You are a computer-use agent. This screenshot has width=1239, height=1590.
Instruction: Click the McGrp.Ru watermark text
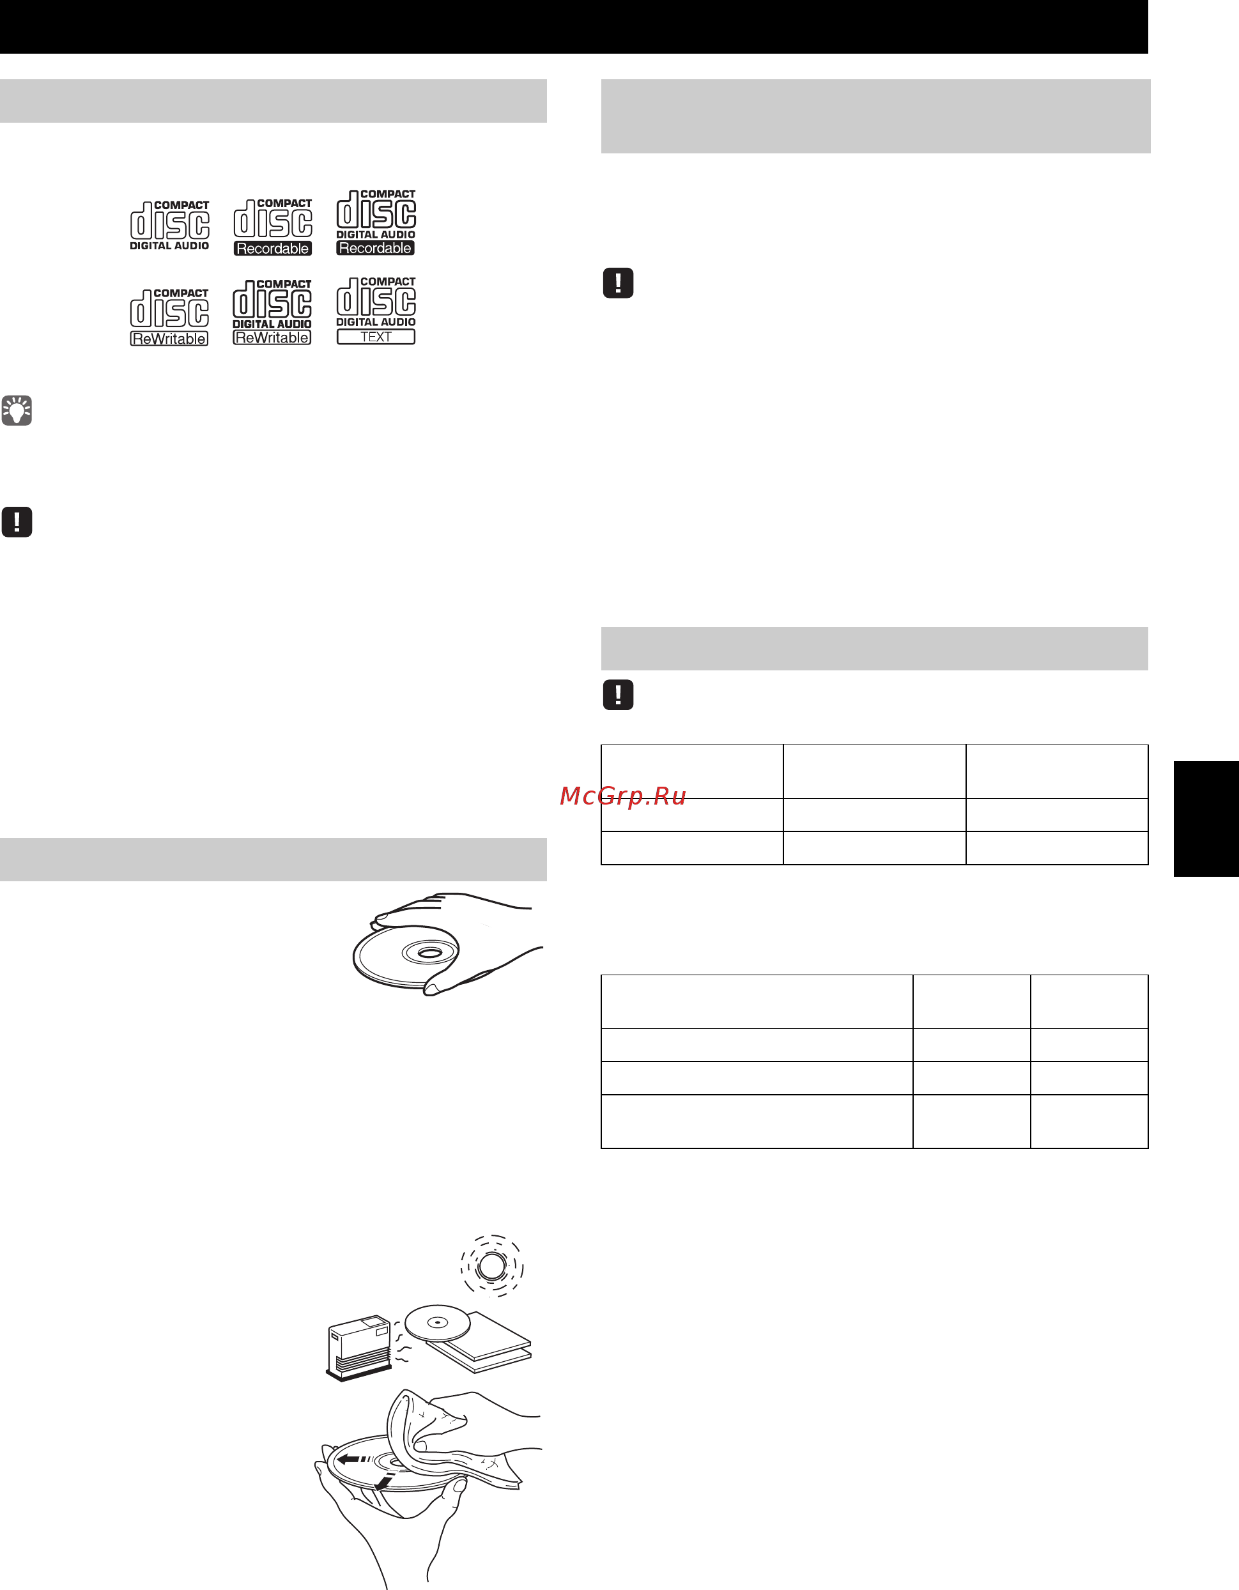pyautogui.click(x=622, y=796)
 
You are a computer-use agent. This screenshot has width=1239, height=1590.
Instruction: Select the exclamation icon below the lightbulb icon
pyautogui.click(x=17, y=522)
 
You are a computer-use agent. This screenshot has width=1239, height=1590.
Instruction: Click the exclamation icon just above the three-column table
pyautogui.click(x=618, y=695)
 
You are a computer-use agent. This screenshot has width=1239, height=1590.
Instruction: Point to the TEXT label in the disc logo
pyautogui.click(x=376, y=337)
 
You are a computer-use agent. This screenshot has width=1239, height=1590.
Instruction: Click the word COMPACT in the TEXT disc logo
pyautogui.click(x=388, y=282)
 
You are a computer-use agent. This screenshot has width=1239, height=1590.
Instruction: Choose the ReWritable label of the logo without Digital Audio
pyautogui.click(x=169, y=339)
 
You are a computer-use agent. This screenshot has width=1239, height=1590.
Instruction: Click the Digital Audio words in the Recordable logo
pyautogui.click(x=376, y=235)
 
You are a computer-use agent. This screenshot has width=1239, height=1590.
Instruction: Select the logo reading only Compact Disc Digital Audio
pyautogui.click(x=169, y=226)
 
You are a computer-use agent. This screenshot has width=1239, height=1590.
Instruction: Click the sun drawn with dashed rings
pyautogui.click(x=492, y=1266)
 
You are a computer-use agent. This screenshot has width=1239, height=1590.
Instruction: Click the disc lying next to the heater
pyautogui.click(x=438, y=1323)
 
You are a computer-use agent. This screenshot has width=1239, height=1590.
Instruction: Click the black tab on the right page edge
pyautogui.click(x=1206, y=818)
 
